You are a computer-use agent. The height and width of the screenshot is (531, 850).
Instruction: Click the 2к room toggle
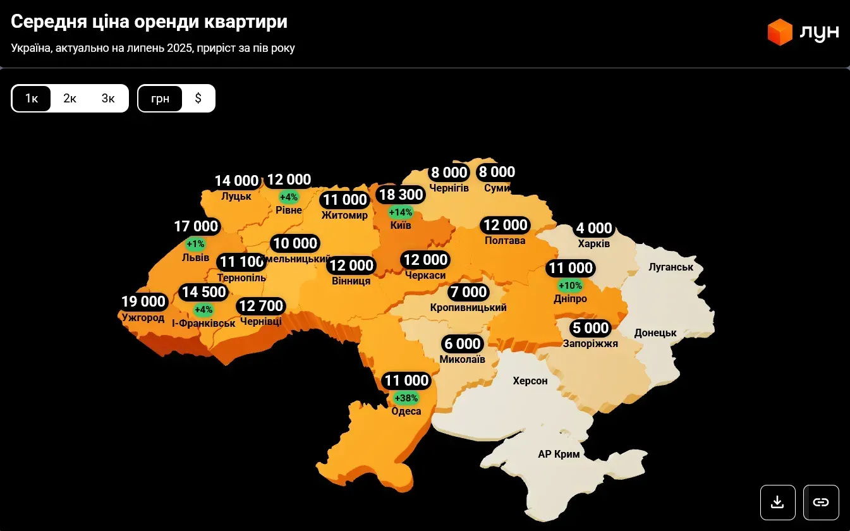(70, 99)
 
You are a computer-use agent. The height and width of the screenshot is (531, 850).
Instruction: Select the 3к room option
(108, 99)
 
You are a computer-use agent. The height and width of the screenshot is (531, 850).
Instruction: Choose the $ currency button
(198, 99)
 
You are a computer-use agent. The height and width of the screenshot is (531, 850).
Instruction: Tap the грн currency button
(161, 99)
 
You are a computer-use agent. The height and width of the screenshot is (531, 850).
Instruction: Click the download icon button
(778, 503)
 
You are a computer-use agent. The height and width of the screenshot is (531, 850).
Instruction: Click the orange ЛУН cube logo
(780, 32)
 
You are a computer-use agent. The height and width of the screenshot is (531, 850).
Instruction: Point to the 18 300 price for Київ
(400, 195)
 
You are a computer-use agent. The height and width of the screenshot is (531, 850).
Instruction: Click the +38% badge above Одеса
(406, 398)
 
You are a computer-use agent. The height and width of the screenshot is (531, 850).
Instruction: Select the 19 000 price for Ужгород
(144, 302)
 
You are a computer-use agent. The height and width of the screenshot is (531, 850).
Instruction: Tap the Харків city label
(594, 244)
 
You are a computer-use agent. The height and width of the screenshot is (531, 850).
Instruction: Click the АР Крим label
(559, 454)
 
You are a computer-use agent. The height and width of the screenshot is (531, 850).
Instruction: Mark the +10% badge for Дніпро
(570, 285)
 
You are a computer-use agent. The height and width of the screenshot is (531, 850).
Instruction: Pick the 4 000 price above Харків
(594, 228)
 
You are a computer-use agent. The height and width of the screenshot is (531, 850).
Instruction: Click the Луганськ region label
(671, 267)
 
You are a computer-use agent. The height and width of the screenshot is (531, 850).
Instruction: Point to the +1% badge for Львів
(196, 243)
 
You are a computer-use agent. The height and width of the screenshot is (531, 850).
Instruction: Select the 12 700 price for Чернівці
(261, 307)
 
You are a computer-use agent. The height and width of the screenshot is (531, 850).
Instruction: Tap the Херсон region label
(530, 381)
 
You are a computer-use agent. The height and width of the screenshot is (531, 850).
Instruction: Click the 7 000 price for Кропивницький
(468, 292)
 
